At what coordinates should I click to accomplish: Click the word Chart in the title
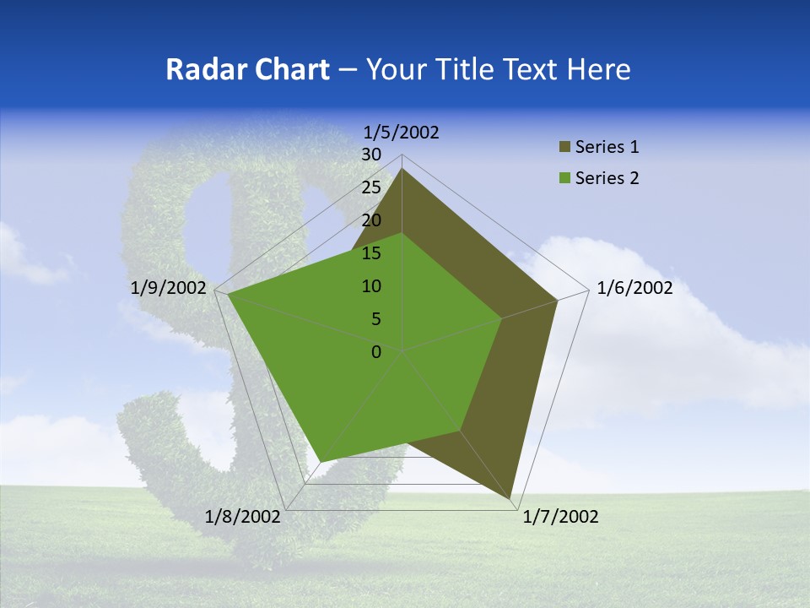click(x=286, y=69)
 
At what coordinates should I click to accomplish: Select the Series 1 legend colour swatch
click(x=564, y=148)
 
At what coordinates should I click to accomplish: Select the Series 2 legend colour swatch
click(x=564, y=178)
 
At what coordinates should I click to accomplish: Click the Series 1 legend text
click(x=607, y=148)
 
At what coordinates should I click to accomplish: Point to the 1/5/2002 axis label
click(x=402, y=132)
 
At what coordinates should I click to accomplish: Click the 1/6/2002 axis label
click(x=634, y=288)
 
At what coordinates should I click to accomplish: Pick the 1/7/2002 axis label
click(x=560, y=517)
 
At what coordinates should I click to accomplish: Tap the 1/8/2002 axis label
click(x=243, y=517)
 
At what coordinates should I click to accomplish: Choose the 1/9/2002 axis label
click(x=169, y=288)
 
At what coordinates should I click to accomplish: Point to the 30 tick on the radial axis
click(x=371, y=155)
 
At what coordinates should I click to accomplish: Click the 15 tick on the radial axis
click(x=371, y=253)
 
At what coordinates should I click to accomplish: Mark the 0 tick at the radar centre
click(x=376, y=352)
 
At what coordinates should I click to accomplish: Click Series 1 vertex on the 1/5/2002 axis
click(x=402, y=168)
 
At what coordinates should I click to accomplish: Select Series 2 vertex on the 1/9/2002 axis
click(x=227, y=294)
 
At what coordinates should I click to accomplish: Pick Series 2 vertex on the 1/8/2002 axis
click(x=320, y=461)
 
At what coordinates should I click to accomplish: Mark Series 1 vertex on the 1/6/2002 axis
click(x=557, y=300)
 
